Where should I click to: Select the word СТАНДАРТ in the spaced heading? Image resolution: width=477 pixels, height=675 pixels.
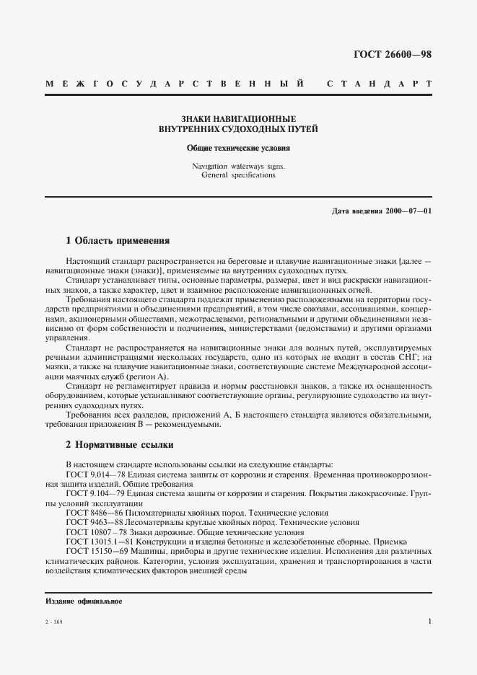379,84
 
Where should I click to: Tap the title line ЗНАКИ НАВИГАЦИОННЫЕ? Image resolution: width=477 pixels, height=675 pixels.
238,119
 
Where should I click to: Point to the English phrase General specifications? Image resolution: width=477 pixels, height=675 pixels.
239,175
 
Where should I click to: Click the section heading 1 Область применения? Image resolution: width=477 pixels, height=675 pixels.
118,241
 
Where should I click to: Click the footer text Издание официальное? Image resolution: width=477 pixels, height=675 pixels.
84,601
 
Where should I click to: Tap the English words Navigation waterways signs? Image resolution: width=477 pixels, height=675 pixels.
238,166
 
